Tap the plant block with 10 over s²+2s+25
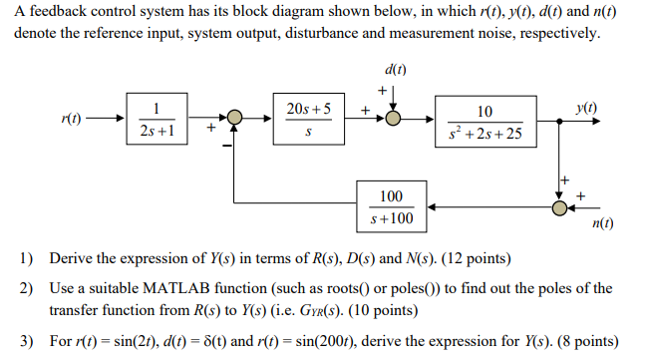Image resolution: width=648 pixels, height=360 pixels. coord(485,119)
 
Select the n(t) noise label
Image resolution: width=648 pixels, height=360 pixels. coord(602,225)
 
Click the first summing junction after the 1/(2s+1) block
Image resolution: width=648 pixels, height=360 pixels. coord(233,119)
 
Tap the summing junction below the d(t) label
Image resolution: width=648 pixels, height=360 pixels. coord(395,119)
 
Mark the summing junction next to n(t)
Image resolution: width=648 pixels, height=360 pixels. coord(561,206)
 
